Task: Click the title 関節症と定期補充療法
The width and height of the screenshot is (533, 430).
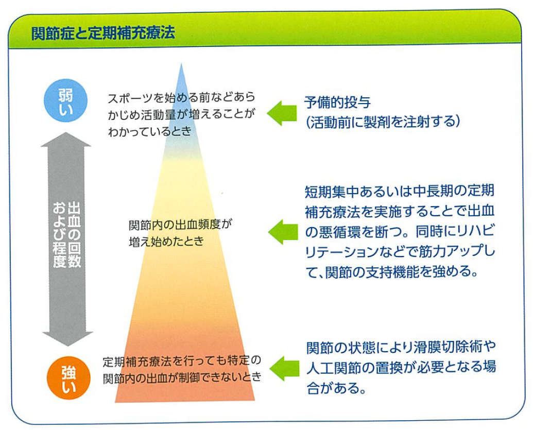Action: click(x=103, y=33)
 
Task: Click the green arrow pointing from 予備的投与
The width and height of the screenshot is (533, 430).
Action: click(x=282, y=113)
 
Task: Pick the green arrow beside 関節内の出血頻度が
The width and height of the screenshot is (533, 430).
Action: click(x=283, y=231)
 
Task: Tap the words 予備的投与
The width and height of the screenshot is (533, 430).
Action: click(x=337, y=102)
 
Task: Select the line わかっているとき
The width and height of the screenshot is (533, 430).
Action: click(x=149, y=131)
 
